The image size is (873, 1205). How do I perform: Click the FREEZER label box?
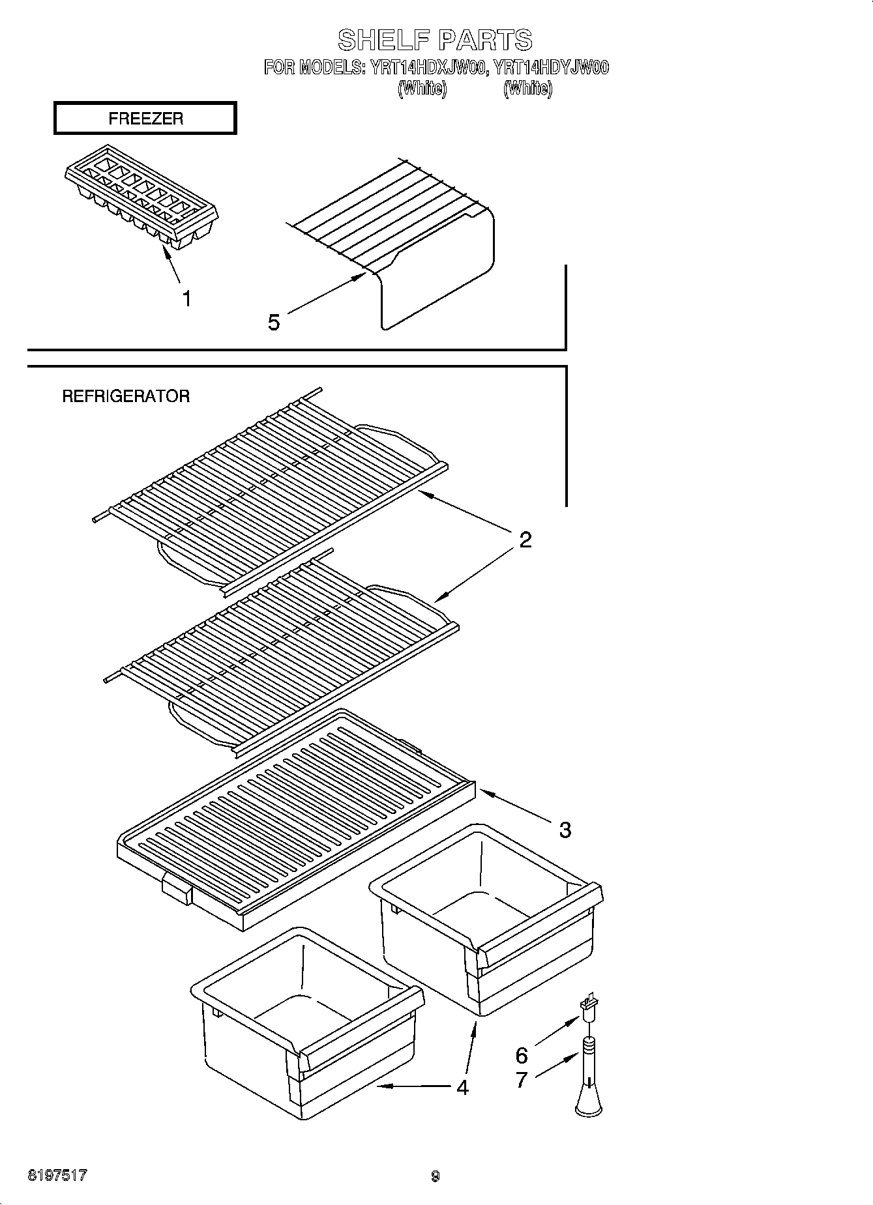coord(145,119)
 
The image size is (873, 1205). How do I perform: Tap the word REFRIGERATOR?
coord(126,396)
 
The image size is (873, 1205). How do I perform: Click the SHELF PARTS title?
coord(435,40)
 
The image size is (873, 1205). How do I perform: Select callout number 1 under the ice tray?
coord(186,299)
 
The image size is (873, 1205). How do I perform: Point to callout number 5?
coord(274,322)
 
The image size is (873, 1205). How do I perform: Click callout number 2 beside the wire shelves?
coord(525,540)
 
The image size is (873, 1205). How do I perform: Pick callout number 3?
coord(565,830)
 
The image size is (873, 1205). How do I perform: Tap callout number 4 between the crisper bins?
coord(462,1087)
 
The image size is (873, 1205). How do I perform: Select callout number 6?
coord(522,1054)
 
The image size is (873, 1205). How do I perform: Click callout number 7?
coord(522,1080)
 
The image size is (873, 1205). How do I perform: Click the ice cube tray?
coord(141,196)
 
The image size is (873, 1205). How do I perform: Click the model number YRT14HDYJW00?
coord(551,67)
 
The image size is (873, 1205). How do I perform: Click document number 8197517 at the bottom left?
coord(57,1176)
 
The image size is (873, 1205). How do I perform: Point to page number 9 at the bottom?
coord(436,1176)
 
